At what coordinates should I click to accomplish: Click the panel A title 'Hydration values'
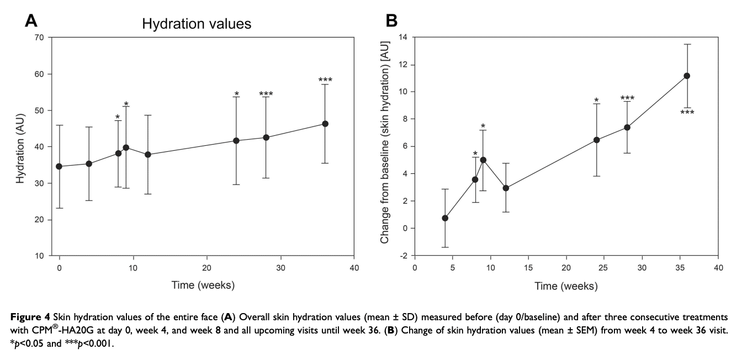pyautogui.click(x=197, y=24)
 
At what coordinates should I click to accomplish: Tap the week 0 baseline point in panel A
pyautogui.click(x=59, y=166)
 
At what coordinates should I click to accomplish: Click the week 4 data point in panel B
pyautogui.click(x=445, y=218)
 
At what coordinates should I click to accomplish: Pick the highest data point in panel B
pyautogui.click(x=687, y=76)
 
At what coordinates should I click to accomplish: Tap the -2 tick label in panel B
pyautogui.click(x=402, y=256)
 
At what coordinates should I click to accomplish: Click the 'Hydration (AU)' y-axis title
pyautogui.click(x=20, y=146)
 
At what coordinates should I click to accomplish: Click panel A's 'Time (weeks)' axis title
pyautogui.click(x=206, y=285)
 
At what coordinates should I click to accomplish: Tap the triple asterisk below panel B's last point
pyautogui.click(x=687, y=113)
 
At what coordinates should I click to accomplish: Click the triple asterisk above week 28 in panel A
pyautogui.click(x=266, y=94)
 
